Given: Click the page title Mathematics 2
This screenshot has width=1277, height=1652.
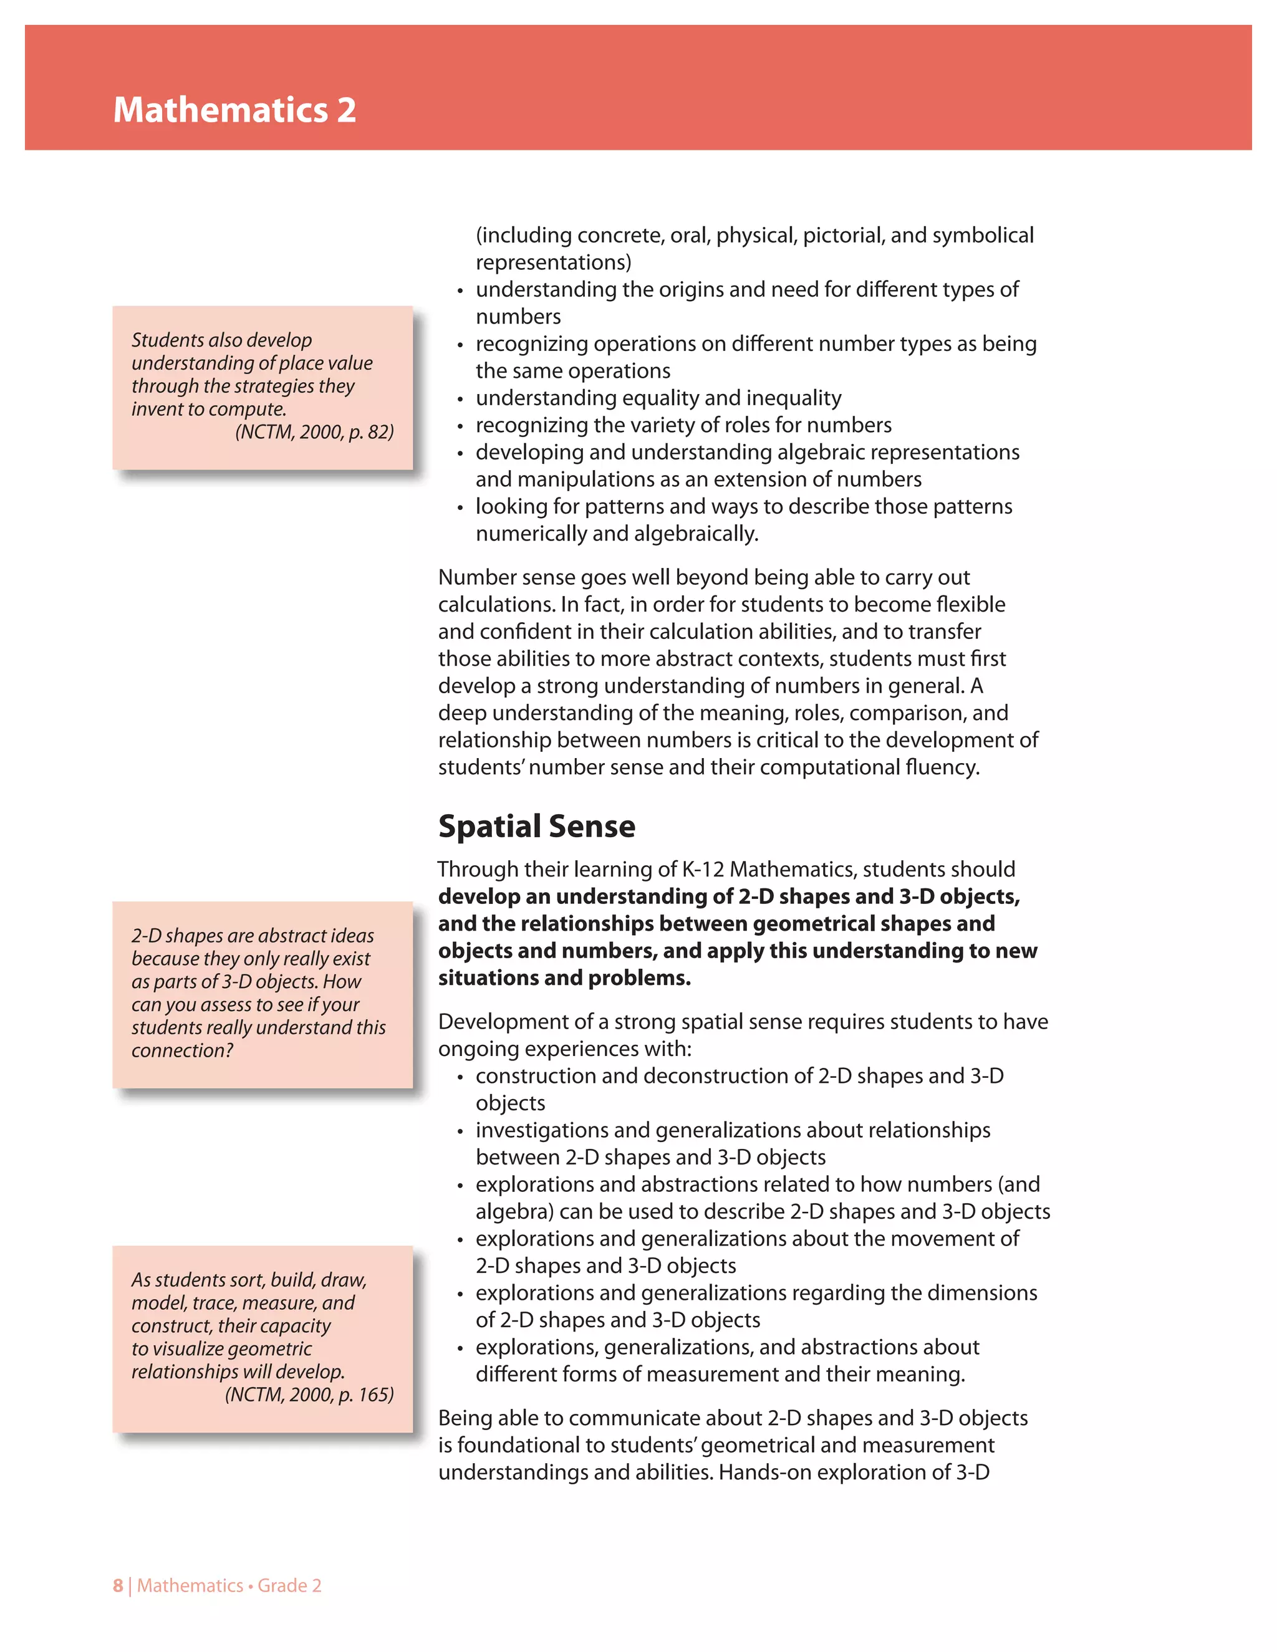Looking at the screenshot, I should pos(234,110).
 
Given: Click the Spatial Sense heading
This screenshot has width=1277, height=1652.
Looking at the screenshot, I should pos(536,826).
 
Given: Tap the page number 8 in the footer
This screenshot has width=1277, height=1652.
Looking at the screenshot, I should pos(117,1585).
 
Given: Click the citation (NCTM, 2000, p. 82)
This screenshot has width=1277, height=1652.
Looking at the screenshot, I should pos(314,432).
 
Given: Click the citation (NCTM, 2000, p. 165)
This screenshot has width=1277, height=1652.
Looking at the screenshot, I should pos(309,1394).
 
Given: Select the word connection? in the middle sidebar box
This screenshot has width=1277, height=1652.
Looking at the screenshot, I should pos(182,1050).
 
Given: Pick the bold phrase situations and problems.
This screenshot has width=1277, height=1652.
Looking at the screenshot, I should pos(564,978).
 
